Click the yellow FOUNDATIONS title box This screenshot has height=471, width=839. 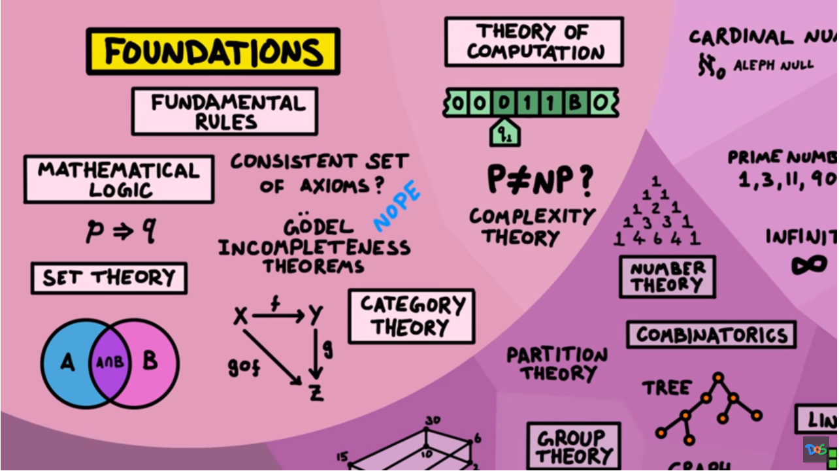213,51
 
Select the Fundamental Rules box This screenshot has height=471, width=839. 225,112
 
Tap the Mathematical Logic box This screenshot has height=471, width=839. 118,179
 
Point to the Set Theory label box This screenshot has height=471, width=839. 108,278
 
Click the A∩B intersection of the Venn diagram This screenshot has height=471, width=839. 110,361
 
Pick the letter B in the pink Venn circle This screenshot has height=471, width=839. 150,361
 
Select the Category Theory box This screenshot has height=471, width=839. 411,316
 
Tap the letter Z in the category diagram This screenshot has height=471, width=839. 316,393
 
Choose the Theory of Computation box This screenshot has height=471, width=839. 534,41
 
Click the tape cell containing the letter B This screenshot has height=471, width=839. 575,103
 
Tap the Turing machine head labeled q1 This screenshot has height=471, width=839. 505,134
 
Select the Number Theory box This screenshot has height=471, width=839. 667,276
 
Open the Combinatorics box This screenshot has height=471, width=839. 711,335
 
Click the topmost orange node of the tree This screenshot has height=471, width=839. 718,377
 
